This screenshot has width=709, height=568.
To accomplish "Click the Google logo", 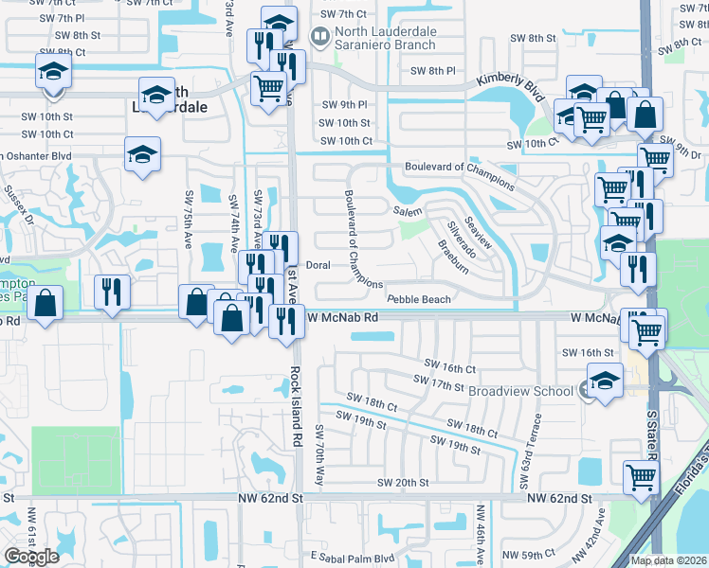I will [31, 556].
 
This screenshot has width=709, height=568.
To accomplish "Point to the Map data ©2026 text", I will [668, 560].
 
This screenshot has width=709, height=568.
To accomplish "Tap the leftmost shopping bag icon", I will [45, 304].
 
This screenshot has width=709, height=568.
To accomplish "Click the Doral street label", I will [318, 265].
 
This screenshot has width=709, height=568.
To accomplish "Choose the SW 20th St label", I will [403, 482].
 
